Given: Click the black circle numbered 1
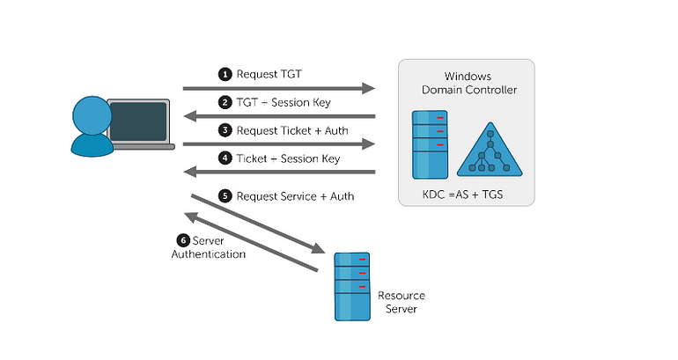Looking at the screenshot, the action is click(225, 74).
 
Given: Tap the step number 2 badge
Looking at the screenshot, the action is click(225, 102).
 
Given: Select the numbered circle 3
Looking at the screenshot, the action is click(225, 130).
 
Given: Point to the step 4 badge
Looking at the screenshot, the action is click(225, 158).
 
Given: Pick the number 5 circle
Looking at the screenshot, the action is click(225, 196).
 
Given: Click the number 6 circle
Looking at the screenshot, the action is click(183, 240).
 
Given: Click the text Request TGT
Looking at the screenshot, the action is click(269, 74).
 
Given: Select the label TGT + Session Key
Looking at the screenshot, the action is click(284, 102).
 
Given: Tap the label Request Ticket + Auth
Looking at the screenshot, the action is click(292, 130).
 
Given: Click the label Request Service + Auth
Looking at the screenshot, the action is click(295, 196).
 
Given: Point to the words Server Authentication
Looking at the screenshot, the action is click(209, 247).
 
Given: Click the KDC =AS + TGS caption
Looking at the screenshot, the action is click(462, 195).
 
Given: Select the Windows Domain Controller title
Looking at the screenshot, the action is click(469, 83).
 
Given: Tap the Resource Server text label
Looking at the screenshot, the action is click(402, 302).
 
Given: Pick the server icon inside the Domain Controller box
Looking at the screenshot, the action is click(430, 144).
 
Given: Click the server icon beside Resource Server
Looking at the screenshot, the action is click(352, 287).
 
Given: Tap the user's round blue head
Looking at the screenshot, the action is click(92, 115).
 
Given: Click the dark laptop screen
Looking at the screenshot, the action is click(138, 121).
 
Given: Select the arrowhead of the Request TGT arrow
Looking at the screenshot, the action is click(368, 89).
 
